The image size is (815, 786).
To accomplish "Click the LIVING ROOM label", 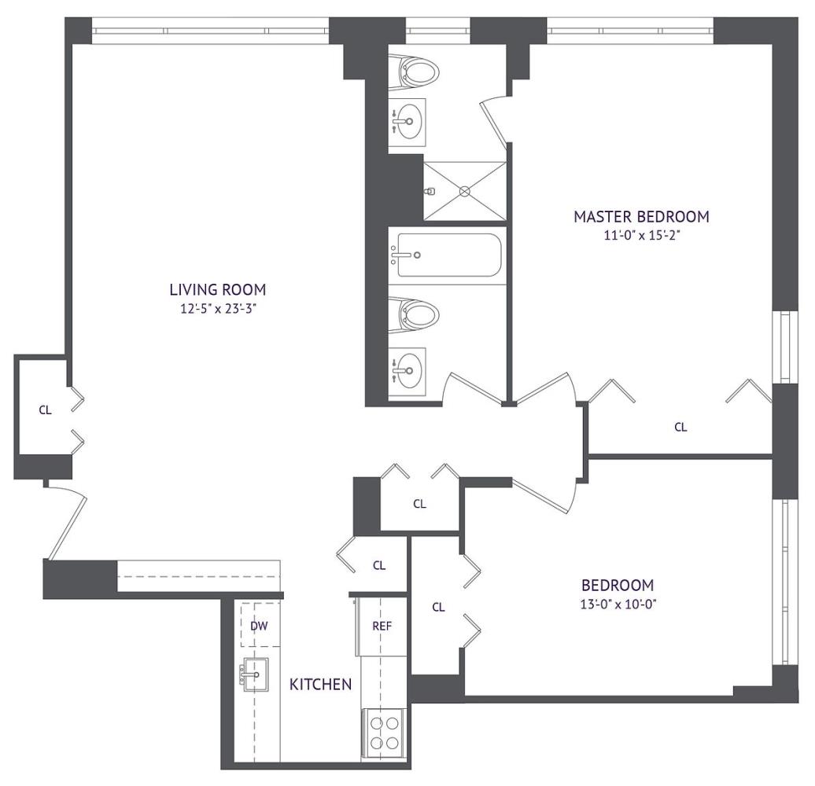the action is pos(218,290).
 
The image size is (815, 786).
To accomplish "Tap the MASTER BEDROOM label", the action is pos(641,216).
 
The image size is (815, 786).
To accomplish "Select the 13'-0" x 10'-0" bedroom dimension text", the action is pos(618,604).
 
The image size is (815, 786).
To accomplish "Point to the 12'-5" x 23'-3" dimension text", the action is pos(219,309).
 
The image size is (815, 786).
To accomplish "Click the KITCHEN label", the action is pos(321,685).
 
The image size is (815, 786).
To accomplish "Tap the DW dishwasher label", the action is pos(259,626).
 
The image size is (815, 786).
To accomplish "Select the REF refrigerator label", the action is pos(382,626).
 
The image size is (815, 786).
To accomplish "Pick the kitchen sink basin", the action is pos(256,675).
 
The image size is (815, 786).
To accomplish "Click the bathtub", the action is pos(449,255).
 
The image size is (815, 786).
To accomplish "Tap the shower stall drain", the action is pos(465,192).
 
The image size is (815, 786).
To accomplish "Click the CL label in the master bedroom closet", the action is pos(681,427).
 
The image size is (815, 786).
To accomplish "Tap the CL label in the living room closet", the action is pos(45,410).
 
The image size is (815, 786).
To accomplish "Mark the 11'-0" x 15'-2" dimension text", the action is pos(642,236).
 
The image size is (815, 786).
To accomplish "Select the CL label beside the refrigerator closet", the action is pos(379,565).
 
